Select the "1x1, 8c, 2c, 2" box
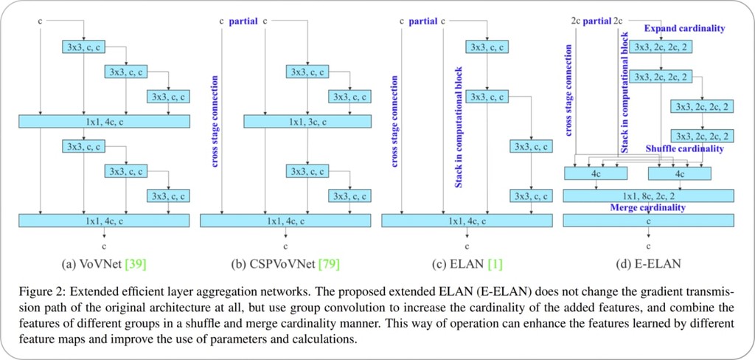(648, 195)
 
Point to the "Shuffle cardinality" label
(684, 149)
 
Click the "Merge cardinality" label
(647, 208)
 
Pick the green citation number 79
(328, 263)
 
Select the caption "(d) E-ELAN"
(648, 263)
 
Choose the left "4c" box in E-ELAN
(594, 173)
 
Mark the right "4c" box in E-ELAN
(679, 173)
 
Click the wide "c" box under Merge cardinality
(648, 220)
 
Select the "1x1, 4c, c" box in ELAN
(466, 220)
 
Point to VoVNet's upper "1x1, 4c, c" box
(104, 121)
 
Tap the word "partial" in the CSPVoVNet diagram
(243, 21)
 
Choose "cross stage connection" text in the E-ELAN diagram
(569, 89)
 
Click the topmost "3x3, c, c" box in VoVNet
(83, 46)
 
